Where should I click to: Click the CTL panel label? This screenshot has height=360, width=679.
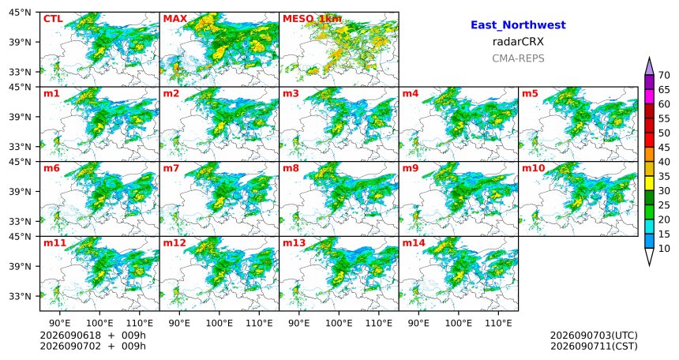point(53,19)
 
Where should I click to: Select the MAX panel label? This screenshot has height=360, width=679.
point(175,19)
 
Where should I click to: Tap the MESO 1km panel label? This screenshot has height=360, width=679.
point(312,19)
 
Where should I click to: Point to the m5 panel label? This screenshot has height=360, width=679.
point(530,94)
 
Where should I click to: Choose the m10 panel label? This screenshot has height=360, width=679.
point(533,168)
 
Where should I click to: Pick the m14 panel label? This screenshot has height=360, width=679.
point(414,243)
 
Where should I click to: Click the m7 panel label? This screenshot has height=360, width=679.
point(171,168)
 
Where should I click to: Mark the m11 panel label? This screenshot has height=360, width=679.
point(54,243)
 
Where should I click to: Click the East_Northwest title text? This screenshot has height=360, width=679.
point(518,25)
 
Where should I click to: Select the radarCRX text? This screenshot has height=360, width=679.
point(518,42)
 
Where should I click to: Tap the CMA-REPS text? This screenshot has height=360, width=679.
point(518,58)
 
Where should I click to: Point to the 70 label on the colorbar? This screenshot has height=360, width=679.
point(664,75)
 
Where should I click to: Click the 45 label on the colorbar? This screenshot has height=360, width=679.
point(664,148)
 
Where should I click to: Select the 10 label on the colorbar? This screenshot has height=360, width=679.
point(664,248)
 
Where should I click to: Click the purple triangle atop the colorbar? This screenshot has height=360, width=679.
point(649,67)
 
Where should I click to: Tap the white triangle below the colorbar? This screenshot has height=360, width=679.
point(649,257)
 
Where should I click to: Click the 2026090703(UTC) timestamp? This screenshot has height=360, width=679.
point(594,336)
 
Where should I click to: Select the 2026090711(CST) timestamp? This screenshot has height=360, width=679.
point(594,346)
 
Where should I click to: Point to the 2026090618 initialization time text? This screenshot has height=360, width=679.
point(70,336)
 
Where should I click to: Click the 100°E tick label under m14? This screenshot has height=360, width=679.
point(459,323)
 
